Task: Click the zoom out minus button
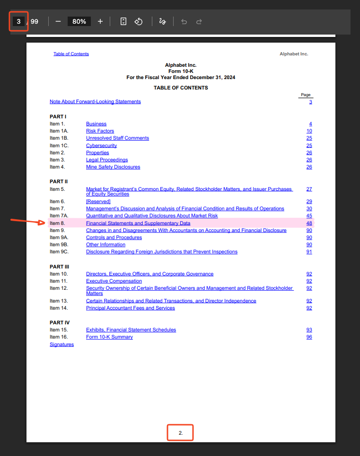[x=58, y=21]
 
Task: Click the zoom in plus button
[x=100, y=21]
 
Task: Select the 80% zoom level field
[x=79, y=21]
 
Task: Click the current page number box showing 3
[x=18, y=21]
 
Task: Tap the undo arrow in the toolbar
[x=184, y=21]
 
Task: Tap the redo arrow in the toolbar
[x=199, y=21]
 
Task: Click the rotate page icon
[x=139, y=21]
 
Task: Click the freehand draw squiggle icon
[x=163, y=21]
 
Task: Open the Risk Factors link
[x=100, y=131]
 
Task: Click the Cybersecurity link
[x=101, y=145]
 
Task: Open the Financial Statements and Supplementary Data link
[x=138, y=223]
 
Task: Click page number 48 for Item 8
[x=309, y=223]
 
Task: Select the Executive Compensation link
[x=114, y=281]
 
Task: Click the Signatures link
[x=61, y=344]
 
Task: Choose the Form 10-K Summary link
[x=109, y=337]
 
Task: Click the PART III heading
[x=59, y=267]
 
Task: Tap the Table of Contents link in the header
[x=71, y=54]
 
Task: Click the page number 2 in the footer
[x=180, y=433]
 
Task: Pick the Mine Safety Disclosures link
[x=113, y=167]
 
